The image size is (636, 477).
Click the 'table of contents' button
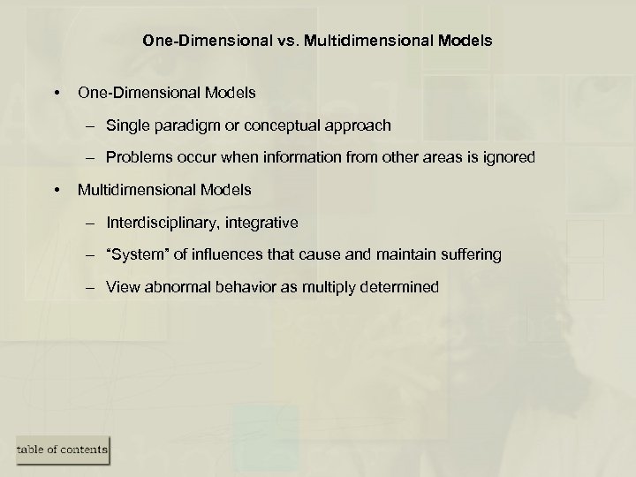pyautogui.click(x=61, y=450)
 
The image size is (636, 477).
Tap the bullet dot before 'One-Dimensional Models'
pyautogui.click(x=57, y=92)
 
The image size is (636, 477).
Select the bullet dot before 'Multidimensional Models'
pyautogui.click(x=57, y=189)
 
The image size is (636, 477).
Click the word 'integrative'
pyautogui.click(x=260, y=223)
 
